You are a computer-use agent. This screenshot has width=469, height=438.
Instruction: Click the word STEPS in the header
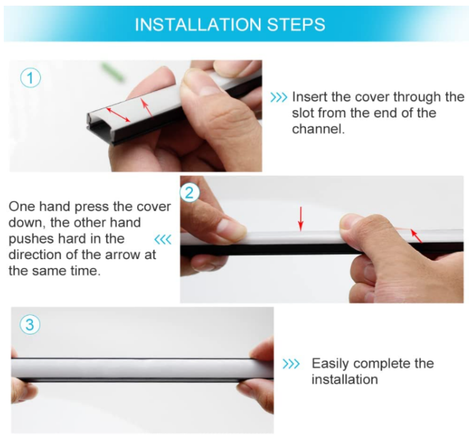coord(296,24)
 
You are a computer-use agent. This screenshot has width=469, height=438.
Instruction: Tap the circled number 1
coord(30,78)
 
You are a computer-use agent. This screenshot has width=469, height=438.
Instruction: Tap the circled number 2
coord(189,193)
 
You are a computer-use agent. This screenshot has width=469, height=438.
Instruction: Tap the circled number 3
coord(30,325)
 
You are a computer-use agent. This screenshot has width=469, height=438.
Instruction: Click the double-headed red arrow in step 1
coord(118,115)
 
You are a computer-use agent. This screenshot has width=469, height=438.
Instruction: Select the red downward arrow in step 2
coord(301,219)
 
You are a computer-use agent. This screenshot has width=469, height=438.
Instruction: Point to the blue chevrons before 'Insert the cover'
coord(278,97)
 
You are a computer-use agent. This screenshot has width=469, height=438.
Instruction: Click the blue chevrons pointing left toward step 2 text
coord(163,240)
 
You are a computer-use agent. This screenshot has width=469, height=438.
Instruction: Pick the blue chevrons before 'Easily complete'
coord(291,364)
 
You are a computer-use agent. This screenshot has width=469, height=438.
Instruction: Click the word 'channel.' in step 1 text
coord(319,129)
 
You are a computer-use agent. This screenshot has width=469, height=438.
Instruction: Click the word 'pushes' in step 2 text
coord(31,239)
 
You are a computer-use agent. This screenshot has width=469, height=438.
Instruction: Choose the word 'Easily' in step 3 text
coord(330,364)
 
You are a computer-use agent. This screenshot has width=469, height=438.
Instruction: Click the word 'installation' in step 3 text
coord(345,380)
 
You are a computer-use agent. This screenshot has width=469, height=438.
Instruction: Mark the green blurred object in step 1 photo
coord(113,72)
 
